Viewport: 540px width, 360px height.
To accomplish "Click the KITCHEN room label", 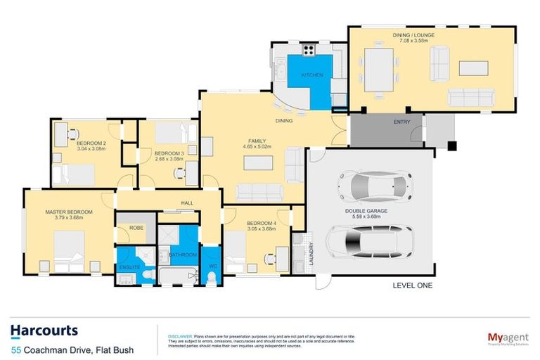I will click(311, 74).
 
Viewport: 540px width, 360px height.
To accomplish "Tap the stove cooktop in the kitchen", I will click(308, 50).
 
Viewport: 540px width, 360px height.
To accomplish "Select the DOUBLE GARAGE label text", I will click(366, 210).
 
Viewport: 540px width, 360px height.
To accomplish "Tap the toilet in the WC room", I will click(213, 278).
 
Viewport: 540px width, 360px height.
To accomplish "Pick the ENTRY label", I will click(401, 122).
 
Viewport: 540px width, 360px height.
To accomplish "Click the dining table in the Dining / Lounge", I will click(378, 69).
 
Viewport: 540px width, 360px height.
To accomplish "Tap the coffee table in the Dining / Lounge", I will click(472, 68).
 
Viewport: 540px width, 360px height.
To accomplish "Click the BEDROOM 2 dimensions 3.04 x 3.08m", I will click(90, 148).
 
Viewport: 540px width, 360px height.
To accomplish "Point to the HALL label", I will click(186, 202).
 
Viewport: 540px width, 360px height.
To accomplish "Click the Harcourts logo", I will click(44, 330).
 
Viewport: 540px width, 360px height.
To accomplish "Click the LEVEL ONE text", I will click(413, 285).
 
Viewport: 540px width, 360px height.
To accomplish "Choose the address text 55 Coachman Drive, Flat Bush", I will click(72, 349).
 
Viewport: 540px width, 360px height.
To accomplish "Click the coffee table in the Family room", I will click(257, 163).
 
